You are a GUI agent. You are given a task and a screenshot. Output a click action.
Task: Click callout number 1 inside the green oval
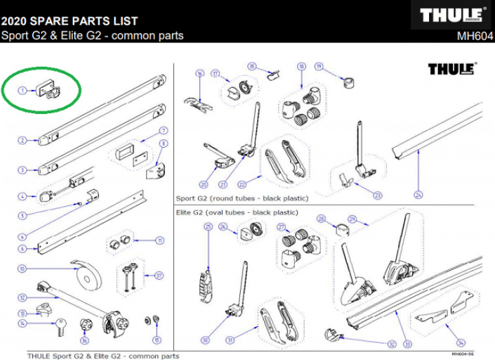(x=22, y=90)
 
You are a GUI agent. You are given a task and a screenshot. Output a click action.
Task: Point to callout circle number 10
(x=22, y=269)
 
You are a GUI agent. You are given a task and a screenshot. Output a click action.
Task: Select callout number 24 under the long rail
(x=418, y=194)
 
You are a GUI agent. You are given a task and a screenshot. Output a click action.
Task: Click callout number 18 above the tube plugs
(x=301, y=67)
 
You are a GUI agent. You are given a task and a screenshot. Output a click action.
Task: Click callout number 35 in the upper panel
(x=252, y=67)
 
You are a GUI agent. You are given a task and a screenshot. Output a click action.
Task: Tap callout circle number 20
(x=203, y=184)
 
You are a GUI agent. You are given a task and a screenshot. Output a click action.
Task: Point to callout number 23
(x=377, y=194)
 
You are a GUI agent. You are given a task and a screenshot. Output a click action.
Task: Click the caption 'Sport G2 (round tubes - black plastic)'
(x=242, y=199)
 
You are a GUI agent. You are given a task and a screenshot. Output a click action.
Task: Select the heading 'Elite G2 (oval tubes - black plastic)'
(x=237, y=213)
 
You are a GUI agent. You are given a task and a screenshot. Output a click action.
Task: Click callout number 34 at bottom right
(x=460, y=341)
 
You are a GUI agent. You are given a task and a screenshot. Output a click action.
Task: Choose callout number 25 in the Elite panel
(x=208, y=226)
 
